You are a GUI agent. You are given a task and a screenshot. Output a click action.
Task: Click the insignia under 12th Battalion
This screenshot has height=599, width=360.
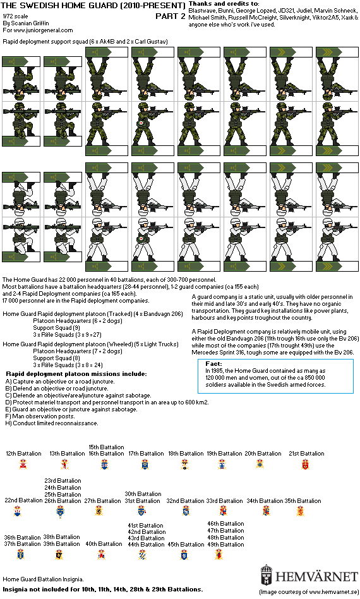pyautogui.click(x=23, y=464)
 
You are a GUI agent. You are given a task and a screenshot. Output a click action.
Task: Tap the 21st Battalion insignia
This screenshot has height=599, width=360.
pyautogui.click(x=305, y=464)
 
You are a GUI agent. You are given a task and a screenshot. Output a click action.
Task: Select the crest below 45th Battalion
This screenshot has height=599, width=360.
pyautogui.click(x=184, y=555)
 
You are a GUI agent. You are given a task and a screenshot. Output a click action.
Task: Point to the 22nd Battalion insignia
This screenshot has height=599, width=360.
pyautogui.click(x=17, y=511)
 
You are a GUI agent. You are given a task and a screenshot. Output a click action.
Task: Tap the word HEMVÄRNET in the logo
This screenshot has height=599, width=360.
pyautogui.click(x=316, y=576)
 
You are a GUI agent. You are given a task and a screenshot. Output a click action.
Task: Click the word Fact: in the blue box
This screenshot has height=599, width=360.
pyautogui.click(x=213, y=364)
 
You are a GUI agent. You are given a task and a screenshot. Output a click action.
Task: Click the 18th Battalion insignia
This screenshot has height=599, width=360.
pyautogui.click(x=185, y=464)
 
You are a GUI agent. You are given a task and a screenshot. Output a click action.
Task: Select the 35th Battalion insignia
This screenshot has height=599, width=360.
pyautogui.click(x=300, y=511)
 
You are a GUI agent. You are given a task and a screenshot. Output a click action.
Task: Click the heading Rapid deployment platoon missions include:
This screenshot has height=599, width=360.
pyautogui.click(x=76, y=374)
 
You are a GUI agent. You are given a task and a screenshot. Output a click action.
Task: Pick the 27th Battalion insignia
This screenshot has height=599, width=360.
pyautogui.click(x=99, y=511)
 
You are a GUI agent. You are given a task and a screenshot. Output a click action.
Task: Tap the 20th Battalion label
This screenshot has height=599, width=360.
pyautogui.click(x=263, y=454)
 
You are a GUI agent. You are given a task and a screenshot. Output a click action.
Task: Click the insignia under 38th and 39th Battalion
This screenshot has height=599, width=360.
pyautogui.click(x=59, y=555)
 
